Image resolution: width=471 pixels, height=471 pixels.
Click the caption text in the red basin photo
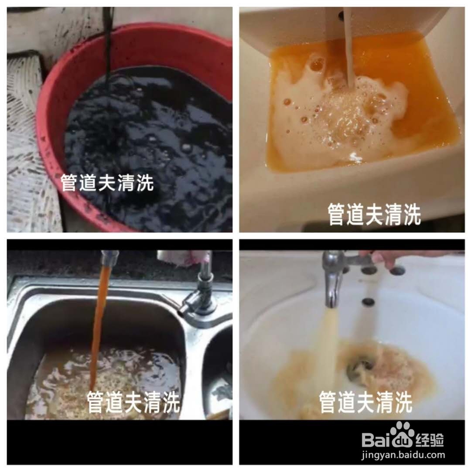107,183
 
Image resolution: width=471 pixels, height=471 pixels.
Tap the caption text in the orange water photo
374,214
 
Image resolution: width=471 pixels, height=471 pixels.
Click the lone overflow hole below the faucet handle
368,302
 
